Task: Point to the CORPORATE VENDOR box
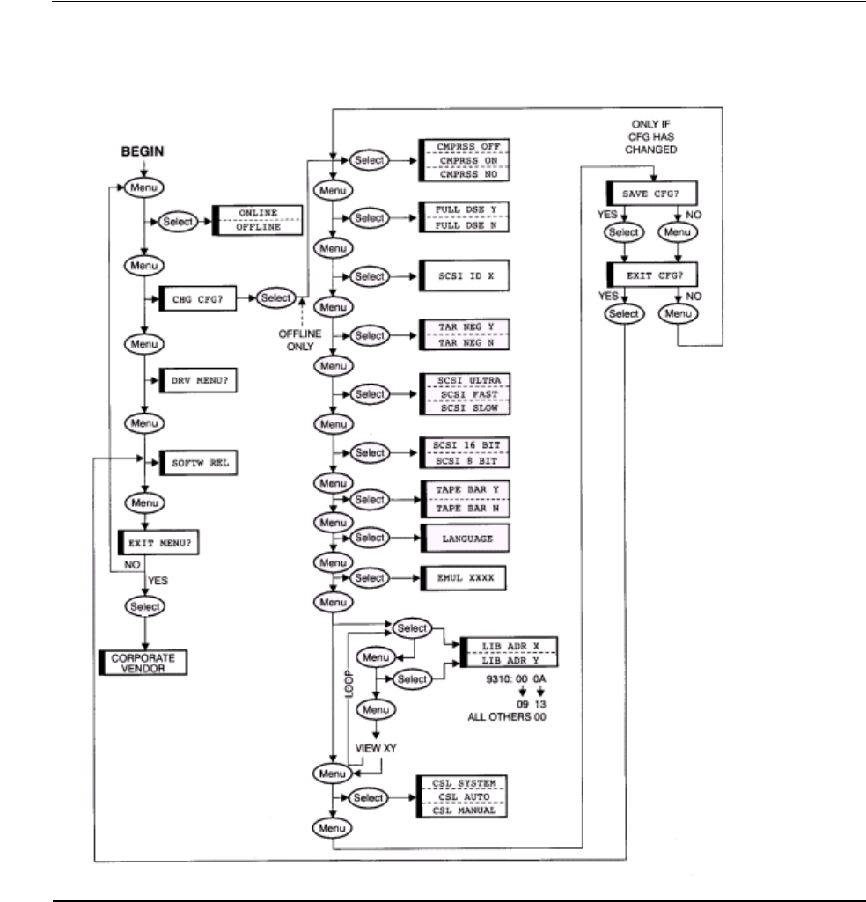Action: (x=143, y=661)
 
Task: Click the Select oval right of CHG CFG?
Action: (x=275, y=298)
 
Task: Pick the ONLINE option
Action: (x=259, y=215)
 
